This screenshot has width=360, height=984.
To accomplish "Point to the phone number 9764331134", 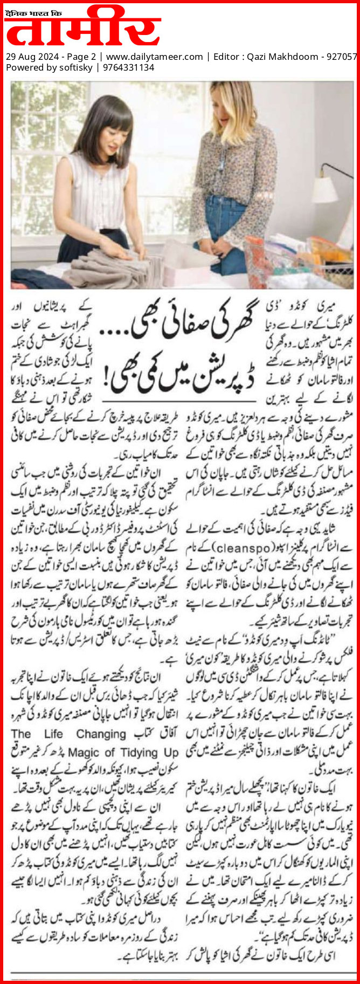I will pos(128,67).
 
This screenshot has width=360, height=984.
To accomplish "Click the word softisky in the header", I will pos(75,67).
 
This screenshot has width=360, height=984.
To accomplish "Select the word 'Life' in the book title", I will pos(54,734).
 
